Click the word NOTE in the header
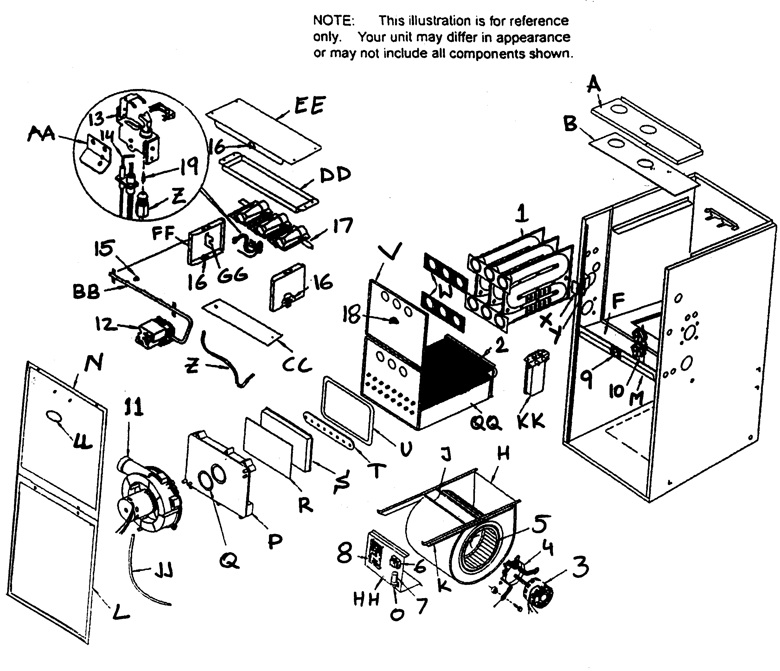[x=334, y=21]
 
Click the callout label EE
[x=309, y=105]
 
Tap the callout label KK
[x=531, y=422]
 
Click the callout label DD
[x=335, y=176]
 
